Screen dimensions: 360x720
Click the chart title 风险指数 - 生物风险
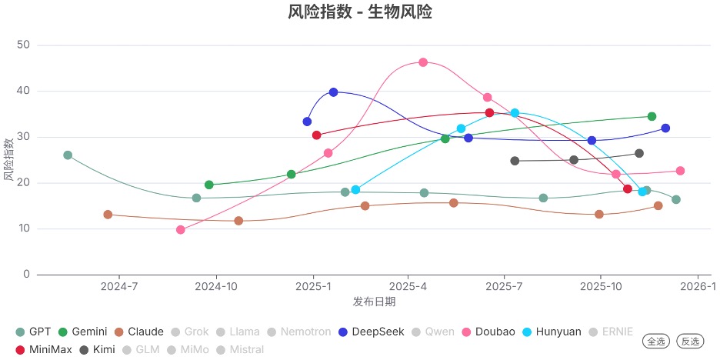pos(360,12)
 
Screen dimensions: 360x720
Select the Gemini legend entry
pos(84,332)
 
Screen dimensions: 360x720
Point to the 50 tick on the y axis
pos(22,45)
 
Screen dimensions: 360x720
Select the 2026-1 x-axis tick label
pos(701,287)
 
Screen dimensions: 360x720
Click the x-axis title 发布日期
pos(374,301)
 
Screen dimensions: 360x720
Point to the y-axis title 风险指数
pos(8,160)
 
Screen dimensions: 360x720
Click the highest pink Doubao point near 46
pos(423,62)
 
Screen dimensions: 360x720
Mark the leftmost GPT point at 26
pos(68,155)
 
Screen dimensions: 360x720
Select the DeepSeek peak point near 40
pos(333,92)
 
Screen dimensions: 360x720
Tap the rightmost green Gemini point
pos(652,117)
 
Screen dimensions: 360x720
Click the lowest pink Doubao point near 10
pos(181,229)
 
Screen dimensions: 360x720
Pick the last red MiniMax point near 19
pos(628,189)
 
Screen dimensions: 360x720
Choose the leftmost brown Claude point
pos(108,215)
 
